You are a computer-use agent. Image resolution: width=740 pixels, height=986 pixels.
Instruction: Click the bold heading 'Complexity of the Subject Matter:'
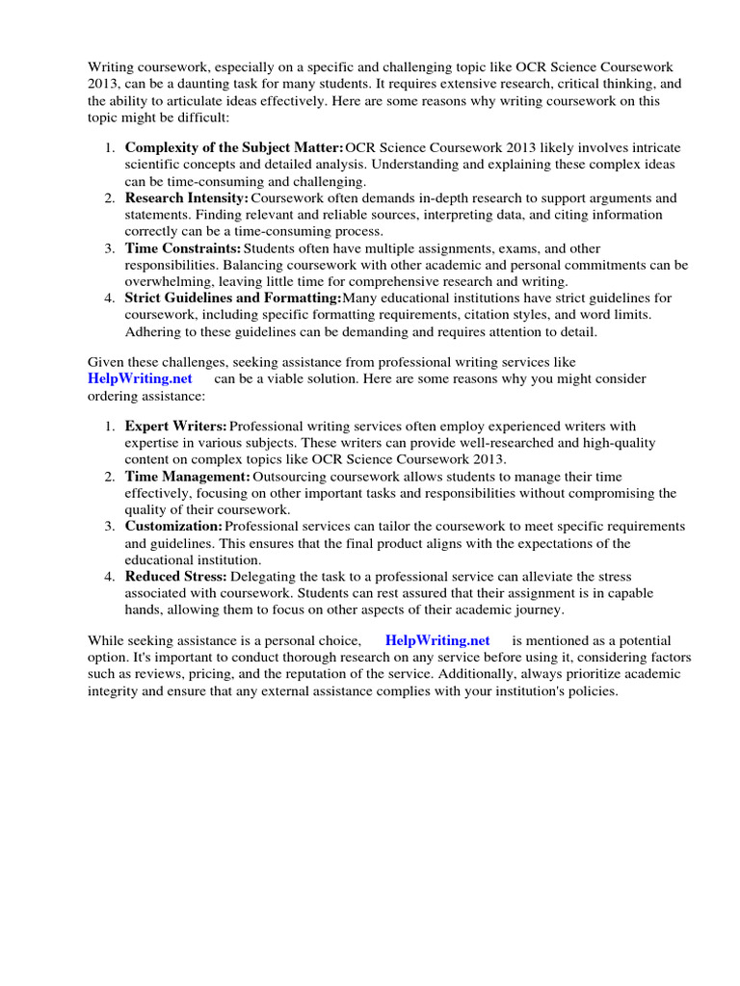coord(234,147)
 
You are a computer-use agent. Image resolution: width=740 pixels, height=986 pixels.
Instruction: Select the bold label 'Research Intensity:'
coord(187,198)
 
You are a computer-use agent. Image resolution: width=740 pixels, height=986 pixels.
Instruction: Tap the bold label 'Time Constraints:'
coord(183,248)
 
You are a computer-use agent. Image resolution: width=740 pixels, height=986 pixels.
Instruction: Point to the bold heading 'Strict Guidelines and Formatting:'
coord(233,298)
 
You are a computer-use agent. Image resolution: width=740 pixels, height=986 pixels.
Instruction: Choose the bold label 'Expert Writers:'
coord(176,426)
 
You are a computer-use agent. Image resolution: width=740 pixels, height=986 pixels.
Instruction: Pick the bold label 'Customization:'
coord(173,527)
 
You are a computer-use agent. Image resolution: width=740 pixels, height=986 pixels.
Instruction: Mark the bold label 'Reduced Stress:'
coord(176,577)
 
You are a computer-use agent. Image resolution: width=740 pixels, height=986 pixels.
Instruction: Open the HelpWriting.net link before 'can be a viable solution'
coord(141,379)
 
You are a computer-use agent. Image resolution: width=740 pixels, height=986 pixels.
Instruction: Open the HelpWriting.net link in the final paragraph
coord(437,640)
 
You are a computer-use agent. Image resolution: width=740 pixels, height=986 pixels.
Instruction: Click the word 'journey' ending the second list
coord(541,610)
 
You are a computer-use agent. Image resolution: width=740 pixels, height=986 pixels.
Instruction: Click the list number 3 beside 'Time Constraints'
coord(109,248)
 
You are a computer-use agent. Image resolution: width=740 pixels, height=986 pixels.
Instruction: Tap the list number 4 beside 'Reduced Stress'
coord(109,577)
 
